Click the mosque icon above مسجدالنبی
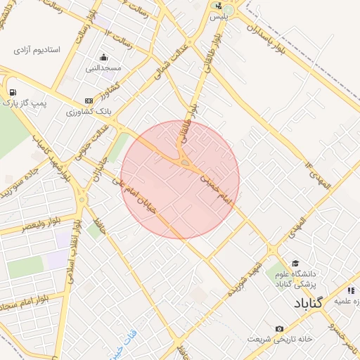(x=104, y=58)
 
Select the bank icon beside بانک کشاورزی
(x=88, y=101)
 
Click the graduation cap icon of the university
(x=294, y=262)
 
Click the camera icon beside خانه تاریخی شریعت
(x=279, y=328)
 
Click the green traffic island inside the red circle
(x=185, y=163)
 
